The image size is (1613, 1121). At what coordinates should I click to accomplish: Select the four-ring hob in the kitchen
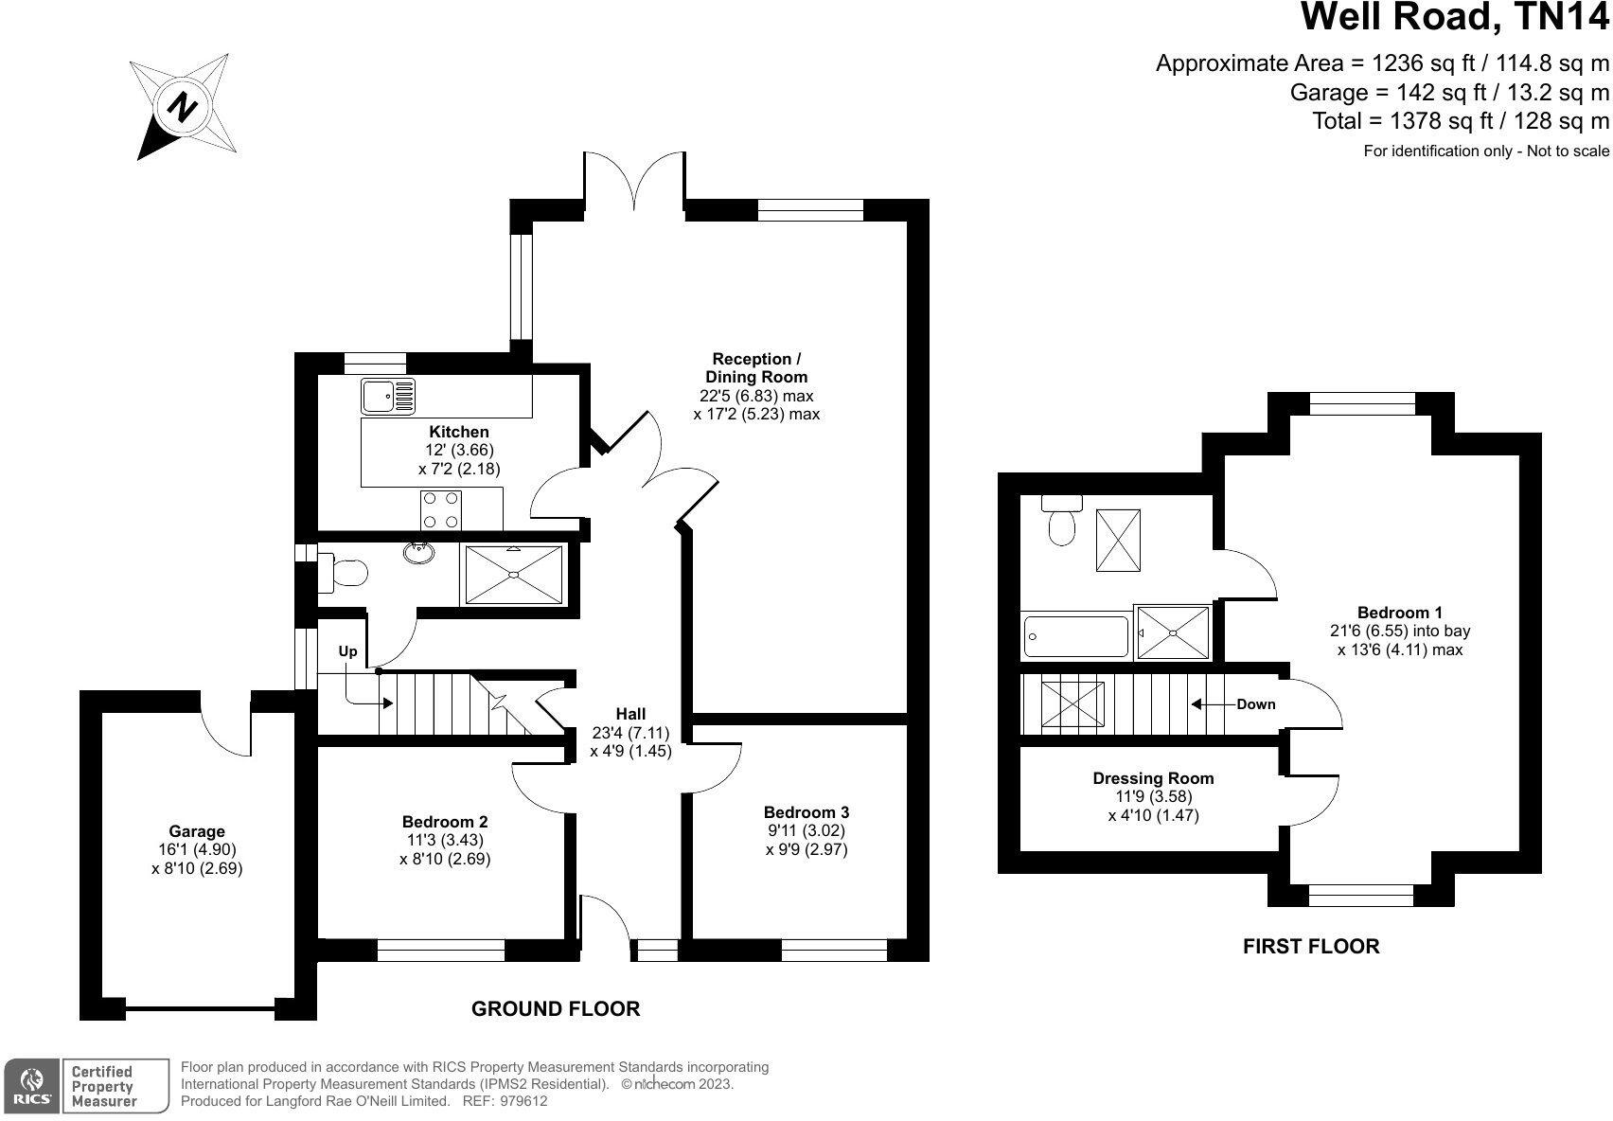(441, 509)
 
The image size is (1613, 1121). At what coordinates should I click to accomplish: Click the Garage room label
(197, 832)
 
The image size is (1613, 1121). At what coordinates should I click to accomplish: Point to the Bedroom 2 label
(445, 821)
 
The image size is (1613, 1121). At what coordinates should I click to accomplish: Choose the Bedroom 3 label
(806, 812)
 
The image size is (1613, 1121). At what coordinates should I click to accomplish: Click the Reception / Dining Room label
(756, 367)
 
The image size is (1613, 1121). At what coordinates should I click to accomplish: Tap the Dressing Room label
(1153, 778)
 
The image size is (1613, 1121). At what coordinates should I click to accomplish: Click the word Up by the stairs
(348, 651)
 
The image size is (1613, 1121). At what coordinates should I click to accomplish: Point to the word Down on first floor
(1256, 704)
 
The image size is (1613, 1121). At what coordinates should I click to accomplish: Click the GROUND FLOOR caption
(556, 1009)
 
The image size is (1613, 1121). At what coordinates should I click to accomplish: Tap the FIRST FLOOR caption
(1311, 946)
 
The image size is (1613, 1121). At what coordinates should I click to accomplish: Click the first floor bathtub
(1076, 636)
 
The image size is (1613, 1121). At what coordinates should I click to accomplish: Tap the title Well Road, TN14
(1455, 19)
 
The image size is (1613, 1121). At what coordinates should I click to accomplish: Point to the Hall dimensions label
(630, 741)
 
